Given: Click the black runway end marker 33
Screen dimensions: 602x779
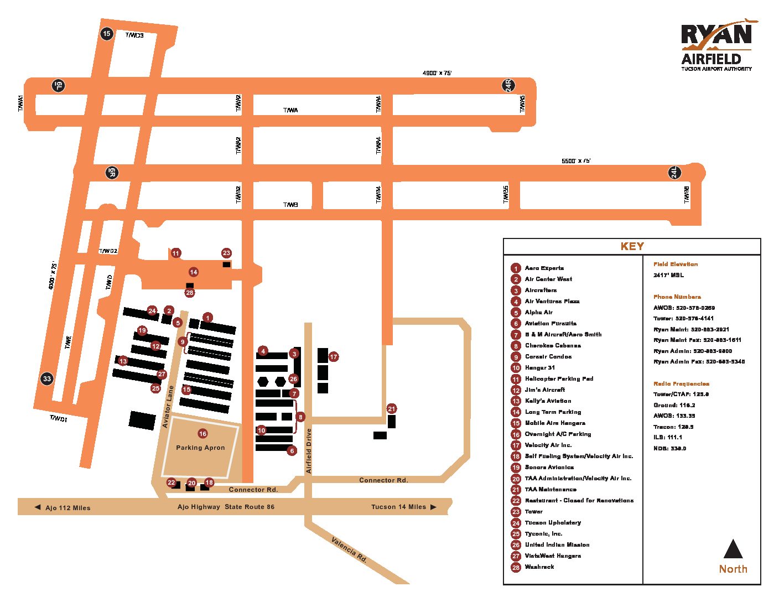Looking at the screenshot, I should (x=47, y=379).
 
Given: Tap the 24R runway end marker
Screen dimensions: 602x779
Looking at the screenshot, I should (x=508, y=85).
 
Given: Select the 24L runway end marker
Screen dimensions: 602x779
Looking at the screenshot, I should (x=674, y=173).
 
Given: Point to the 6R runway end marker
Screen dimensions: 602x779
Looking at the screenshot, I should (x=112, y=173).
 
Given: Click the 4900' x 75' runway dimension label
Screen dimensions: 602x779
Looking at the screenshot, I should (x=437, y=73).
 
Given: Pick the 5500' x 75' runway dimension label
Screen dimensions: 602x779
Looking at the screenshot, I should (x=576, y=161).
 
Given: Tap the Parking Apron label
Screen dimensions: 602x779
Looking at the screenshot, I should (x=200, y=448).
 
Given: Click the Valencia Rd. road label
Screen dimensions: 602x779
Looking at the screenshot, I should (x=349, y=549).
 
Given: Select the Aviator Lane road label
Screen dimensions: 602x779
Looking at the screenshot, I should (x=168, y=407).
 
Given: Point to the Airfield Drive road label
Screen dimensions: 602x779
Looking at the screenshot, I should (x=309, y=451).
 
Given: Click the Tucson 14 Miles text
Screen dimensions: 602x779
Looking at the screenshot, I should (x=398, y=507).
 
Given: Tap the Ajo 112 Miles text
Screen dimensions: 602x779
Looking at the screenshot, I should (x=67, y=508).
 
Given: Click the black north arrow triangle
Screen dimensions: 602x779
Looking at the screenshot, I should (x=733, y=550).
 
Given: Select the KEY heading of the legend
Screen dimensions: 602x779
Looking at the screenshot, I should (x=632, y=247).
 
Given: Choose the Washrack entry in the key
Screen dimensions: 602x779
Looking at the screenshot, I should (x=539, y=567).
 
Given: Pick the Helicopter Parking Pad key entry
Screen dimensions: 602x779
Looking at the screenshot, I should (x=559, y=379).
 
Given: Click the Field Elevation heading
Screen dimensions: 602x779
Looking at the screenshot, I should (x=676, y=264).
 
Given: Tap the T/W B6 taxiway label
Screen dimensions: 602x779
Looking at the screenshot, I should (x=687, y=195).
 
